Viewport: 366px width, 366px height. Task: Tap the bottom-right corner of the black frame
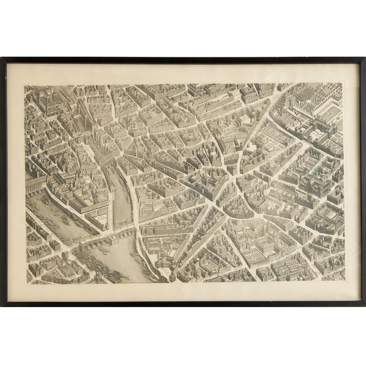pyautogui.click(x=364, y=305)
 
